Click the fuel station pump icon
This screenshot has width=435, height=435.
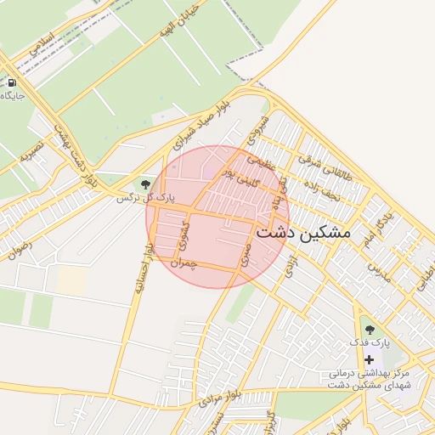tap(12, 83)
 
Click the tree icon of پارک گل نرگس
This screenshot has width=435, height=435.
tap(145, 184)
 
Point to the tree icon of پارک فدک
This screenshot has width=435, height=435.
tap(368, 329)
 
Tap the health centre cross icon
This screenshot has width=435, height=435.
tap(369, 359)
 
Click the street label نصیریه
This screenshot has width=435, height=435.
tap(31, 152)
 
